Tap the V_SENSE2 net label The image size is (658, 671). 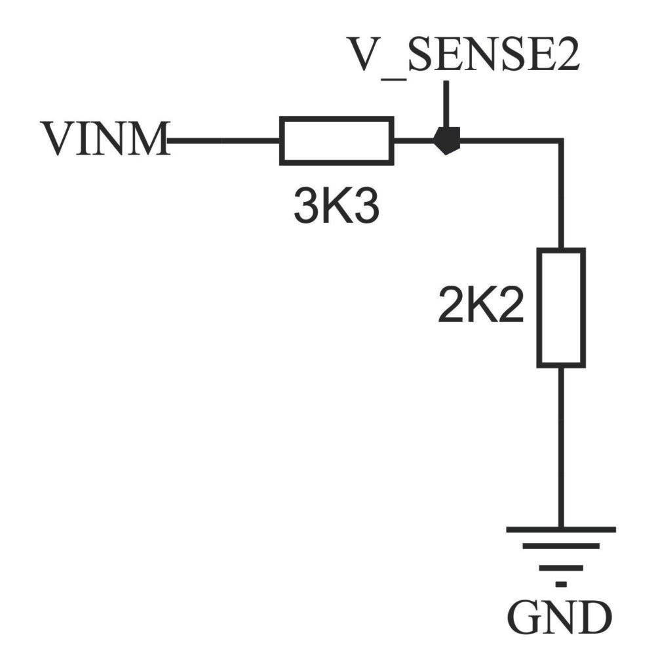tap(464, 56)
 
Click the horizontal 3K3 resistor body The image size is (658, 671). tap(336, 140)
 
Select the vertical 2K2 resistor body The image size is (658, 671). tap(561, 307)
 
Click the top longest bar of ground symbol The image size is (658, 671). tap(561, 529)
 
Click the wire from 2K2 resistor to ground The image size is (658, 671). tap(561, 446)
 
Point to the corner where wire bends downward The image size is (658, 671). tap(561, 141)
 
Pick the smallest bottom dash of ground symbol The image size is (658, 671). tap(561, 583)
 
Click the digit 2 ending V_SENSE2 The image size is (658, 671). tap(564, 56)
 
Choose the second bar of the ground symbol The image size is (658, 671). tap(561, 546)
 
